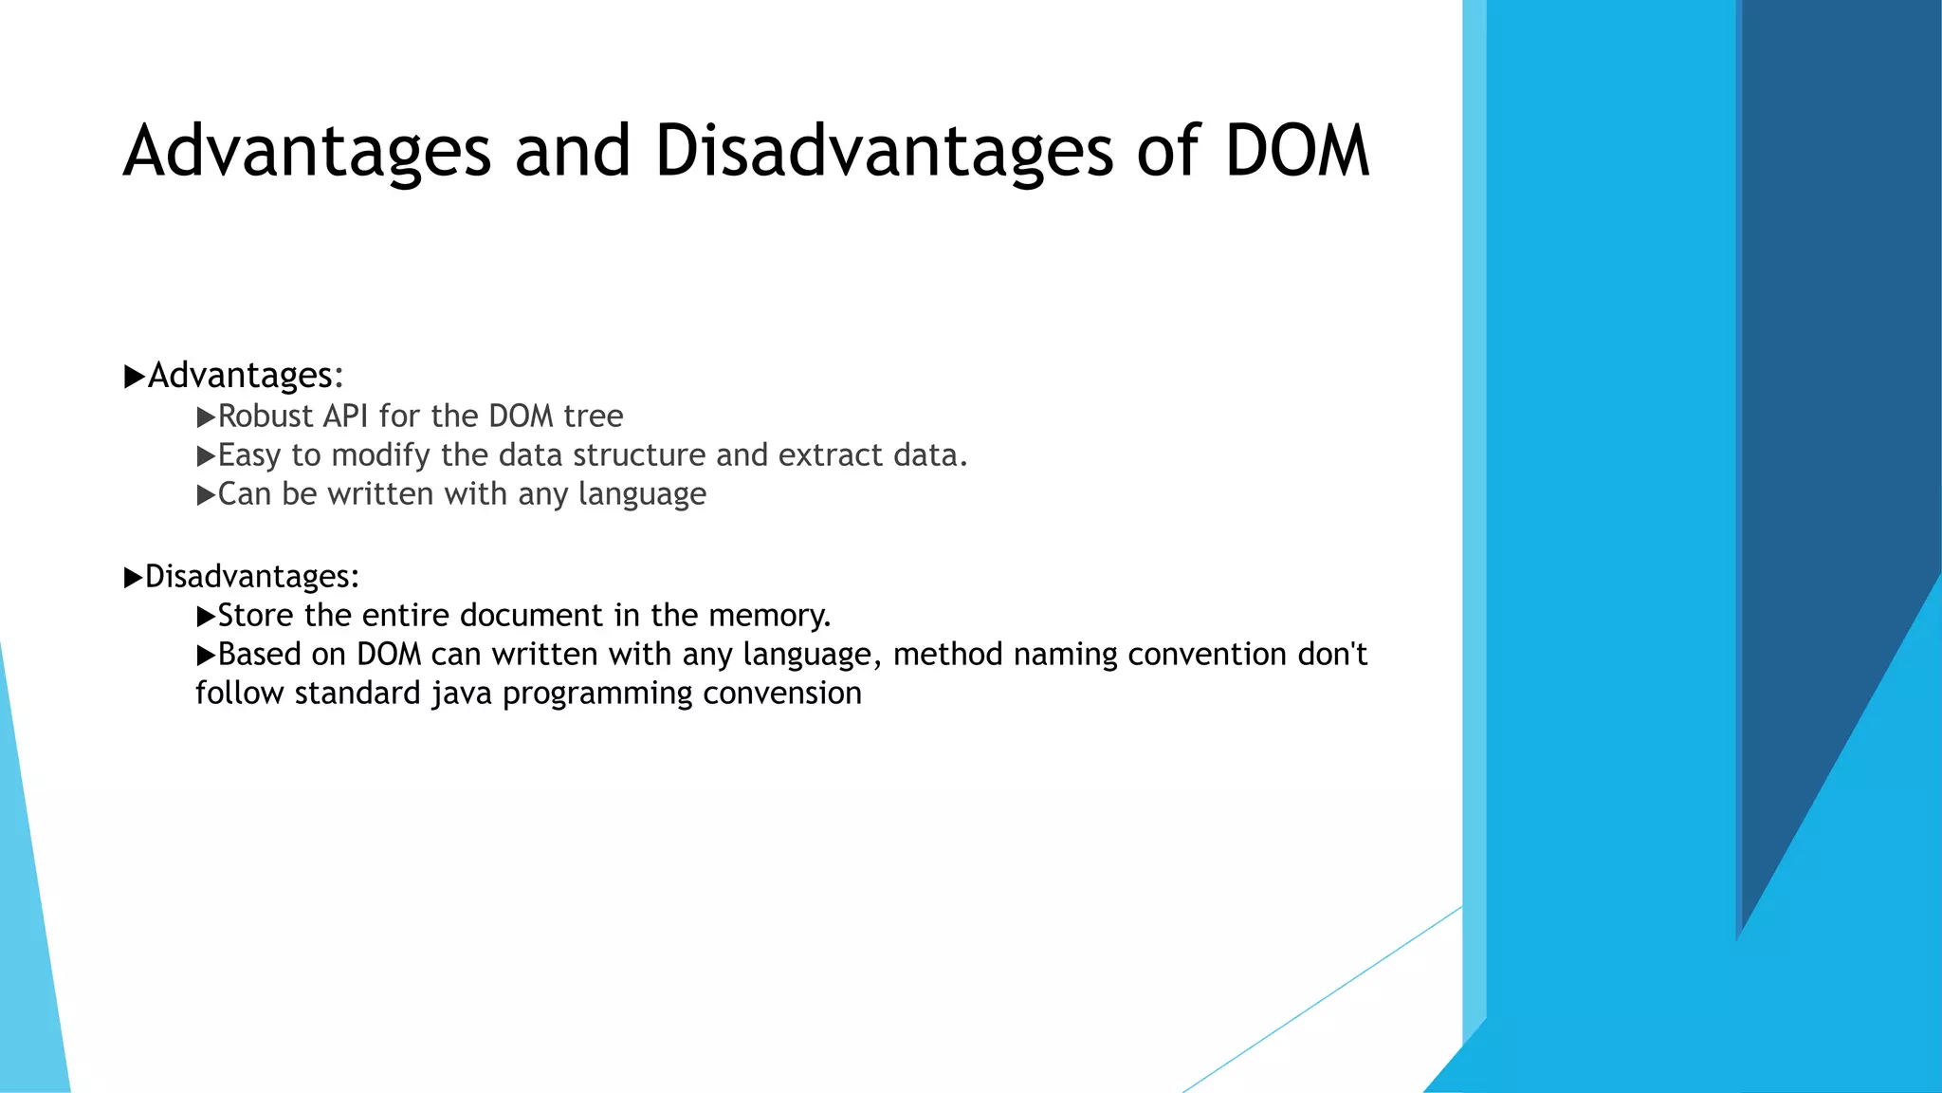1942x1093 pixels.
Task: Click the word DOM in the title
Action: point(1296,152)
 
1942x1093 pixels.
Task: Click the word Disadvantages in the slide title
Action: point(884,152)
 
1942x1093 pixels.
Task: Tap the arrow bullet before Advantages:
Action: point(134,377)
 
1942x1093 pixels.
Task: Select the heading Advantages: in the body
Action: point(246,376)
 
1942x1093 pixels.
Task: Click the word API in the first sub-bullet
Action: point(346,417)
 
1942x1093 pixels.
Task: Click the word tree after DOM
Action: point(594,417)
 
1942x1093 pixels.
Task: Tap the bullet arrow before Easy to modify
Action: point(206,456)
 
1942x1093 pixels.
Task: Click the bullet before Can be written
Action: point(206,495)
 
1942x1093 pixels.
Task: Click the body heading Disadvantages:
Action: point(251,577)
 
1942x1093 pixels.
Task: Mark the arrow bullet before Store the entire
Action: point(206,617)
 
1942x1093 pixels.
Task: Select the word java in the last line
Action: point(462,694)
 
